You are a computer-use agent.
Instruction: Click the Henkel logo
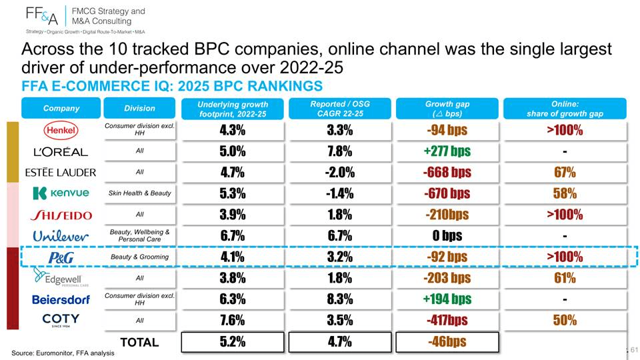pyautogui.click(x=61, y=130)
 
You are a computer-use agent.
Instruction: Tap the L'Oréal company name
pyautogui.click(x=61, y=152)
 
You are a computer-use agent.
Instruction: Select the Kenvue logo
pyautogui.click(x=61, y=193)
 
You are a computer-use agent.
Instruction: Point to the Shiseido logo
pyautogui.click(x=61, y=215)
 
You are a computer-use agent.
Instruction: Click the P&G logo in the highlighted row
pyautogui.click(x=61, y=257)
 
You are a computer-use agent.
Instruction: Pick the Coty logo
pyautogui.click(x=61, y=319)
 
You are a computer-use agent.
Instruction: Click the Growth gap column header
pyautogui.click(x=447, y=109)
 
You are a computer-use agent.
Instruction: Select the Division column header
pyautogui.click(x=139, y=108)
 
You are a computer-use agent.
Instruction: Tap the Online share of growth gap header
pyautogui.click(x=565, y=109)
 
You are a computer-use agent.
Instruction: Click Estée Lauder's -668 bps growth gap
pyautogui.click(x=447, y=172)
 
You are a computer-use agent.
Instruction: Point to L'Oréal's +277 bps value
pyautogui.click(x=447, y=151)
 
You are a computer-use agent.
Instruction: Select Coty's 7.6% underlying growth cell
pyautogui.click(x=232, y=320)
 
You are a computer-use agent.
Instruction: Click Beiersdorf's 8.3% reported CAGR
pyautogui.click(x=339, y=299)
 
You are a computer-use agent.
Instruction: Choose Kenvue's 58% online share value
pyautogui.click(x=565, y=193)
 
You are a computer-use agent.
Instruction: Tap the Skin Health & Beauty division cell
pyautogui.click(x=139, y=193)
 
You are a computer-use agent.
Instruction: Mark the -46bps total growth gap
pyautogui.click(x=447, y=341)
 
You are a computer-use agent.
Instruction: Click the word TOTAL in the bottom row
pyautogui.click(x=139, y=342)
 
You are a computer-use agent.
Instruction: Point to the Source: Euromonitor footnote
pyautogui.click(x=63, y=353)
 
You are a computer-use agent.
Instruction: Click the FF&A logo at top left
pyautogui.click(x=41, y=16)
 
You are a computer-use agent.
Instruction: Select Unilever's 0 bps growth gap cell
pyautogui.click(x=447, y=235)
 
